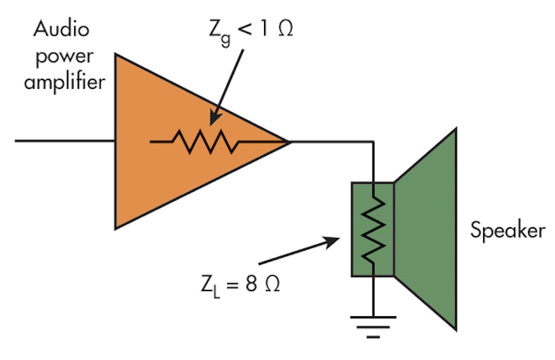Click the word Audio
(61, 28)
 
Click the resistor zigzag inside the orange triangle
(204, 141)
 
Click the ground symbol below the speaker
(373, 325)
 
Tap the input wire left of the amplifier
(64, 141)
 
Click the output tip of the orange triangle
(288, 141)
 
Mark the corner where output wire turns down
(373, 141)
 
